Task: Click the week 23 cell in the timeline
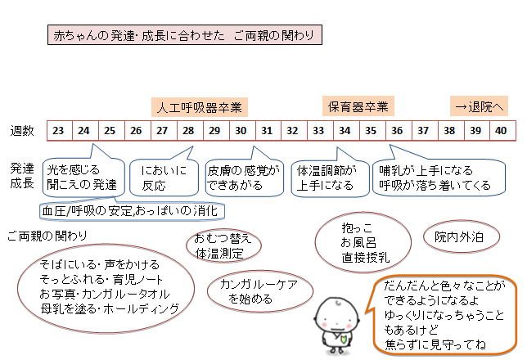tap(58, 131)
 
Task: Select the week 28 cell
tap(188, 131)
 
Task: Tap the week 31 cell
tap(267, 131)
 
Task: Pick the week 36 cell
tap(397, 131)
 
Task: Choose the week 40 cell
tap(501, 131)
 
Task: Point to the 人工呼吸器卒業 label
tap(200, 107)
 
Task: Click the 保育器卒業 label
tap(358, 106)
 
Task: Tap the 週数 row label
tap(22, 131)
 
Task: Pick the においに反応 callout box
tap(164, 177)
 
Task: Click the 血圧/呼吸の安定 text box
tap(129, 211)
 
